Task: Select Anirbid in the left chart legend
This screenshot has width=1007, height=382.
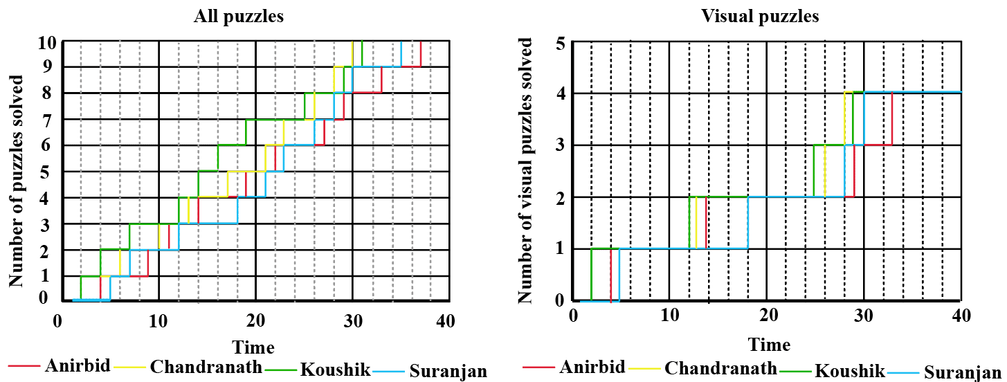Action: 78,365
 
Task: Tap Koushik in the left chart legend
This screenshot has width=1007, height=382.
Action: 334,368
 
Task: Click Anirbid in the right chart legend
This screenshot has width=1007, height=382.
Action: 592,367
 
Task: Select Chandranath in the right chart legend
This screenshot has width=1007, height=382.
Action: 720,368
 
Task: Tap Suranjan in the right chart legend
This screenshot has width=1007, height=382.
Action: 963,372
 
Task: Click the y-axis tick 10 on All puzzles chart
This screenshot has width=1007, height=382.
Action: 46,42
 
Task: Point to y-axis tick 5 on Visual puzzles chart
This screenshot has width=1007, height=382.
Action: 561,43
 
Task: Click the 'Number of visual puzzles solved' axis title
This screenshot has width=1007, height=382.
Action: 526,171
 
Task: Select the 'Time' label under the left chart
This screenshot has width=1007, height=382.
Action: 253,347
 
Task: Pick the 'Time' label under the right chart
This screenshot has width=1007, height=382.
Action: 768,344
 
